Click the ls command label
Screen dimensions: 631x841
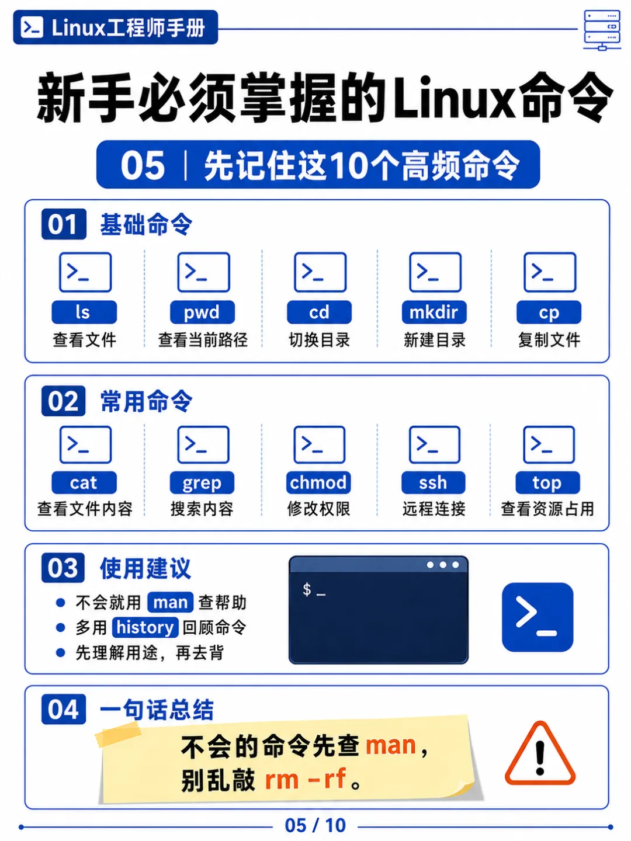(84, 312)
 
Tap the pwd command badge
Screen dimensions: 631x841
(202, 312)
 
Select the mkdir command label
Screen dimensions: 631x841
(434, 312)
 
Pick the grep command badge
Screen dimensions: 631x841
(202, 482)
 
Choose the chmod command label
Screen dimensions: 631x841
(318, 482)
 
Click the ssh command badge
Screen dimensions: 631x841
(434, 482)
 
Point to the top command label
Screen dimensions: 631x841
(547, 482)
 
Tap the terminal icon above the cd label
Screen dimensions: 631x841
(320, 272)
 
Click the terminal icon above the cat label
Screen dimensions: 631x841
(85, 444)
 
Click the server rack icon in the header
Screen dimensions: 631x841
(602, 30)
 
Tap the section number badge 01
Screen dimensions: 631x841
(64, 224)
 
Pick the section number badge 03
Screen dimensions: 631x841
(63, 568)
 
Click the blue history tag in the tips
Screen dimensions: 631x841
(145, 627)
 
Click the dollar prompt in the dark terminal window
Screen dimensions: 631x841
(307, 589)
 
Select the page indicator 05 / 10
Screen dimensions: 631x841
(315, 825)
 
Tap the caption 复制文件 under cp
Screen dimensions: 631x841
(549, 340)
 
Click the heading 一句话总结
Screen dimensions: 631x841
(157, 709)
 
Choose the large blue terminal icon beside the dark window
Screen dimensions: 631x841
(537, 617)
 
